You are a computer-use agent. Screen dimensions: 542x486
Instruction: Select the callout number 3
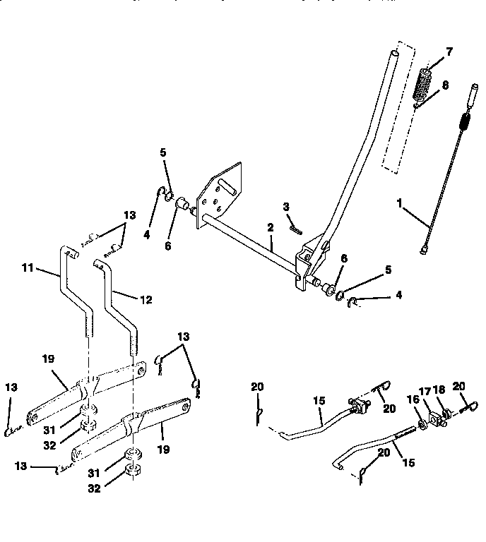pyautogui.click(x=287, y=207)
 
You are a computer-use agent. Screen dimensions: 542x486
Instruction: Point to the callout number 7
pyautogui.click(x=449, y=52)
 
